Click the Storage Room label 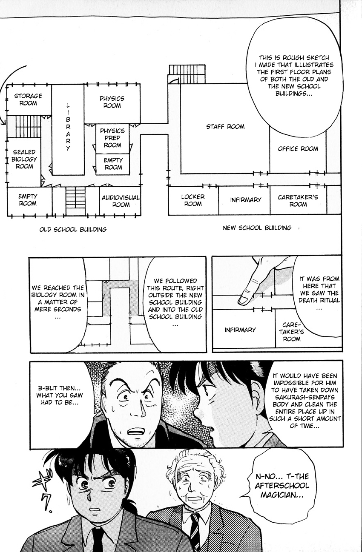click(28, 100)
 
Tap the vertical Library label click(68, 127)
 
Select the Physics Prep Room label click(112, 138)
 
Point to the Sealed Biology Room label click(24, 159)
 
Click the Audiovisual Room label click(121, 201)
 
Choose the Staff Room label click(225, 127)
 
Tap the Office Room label click(298, 148)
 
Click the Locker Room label click(193, 200)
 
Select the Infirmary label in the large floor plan click(246, 199)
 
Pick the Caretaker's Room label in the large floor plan click(298, 201)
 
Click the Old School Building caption click(73, 229)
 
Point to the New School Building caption click(257, 228)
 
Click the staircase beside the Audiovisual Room click(75, 201)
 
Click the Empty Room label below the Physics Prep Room click(113, 164)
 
